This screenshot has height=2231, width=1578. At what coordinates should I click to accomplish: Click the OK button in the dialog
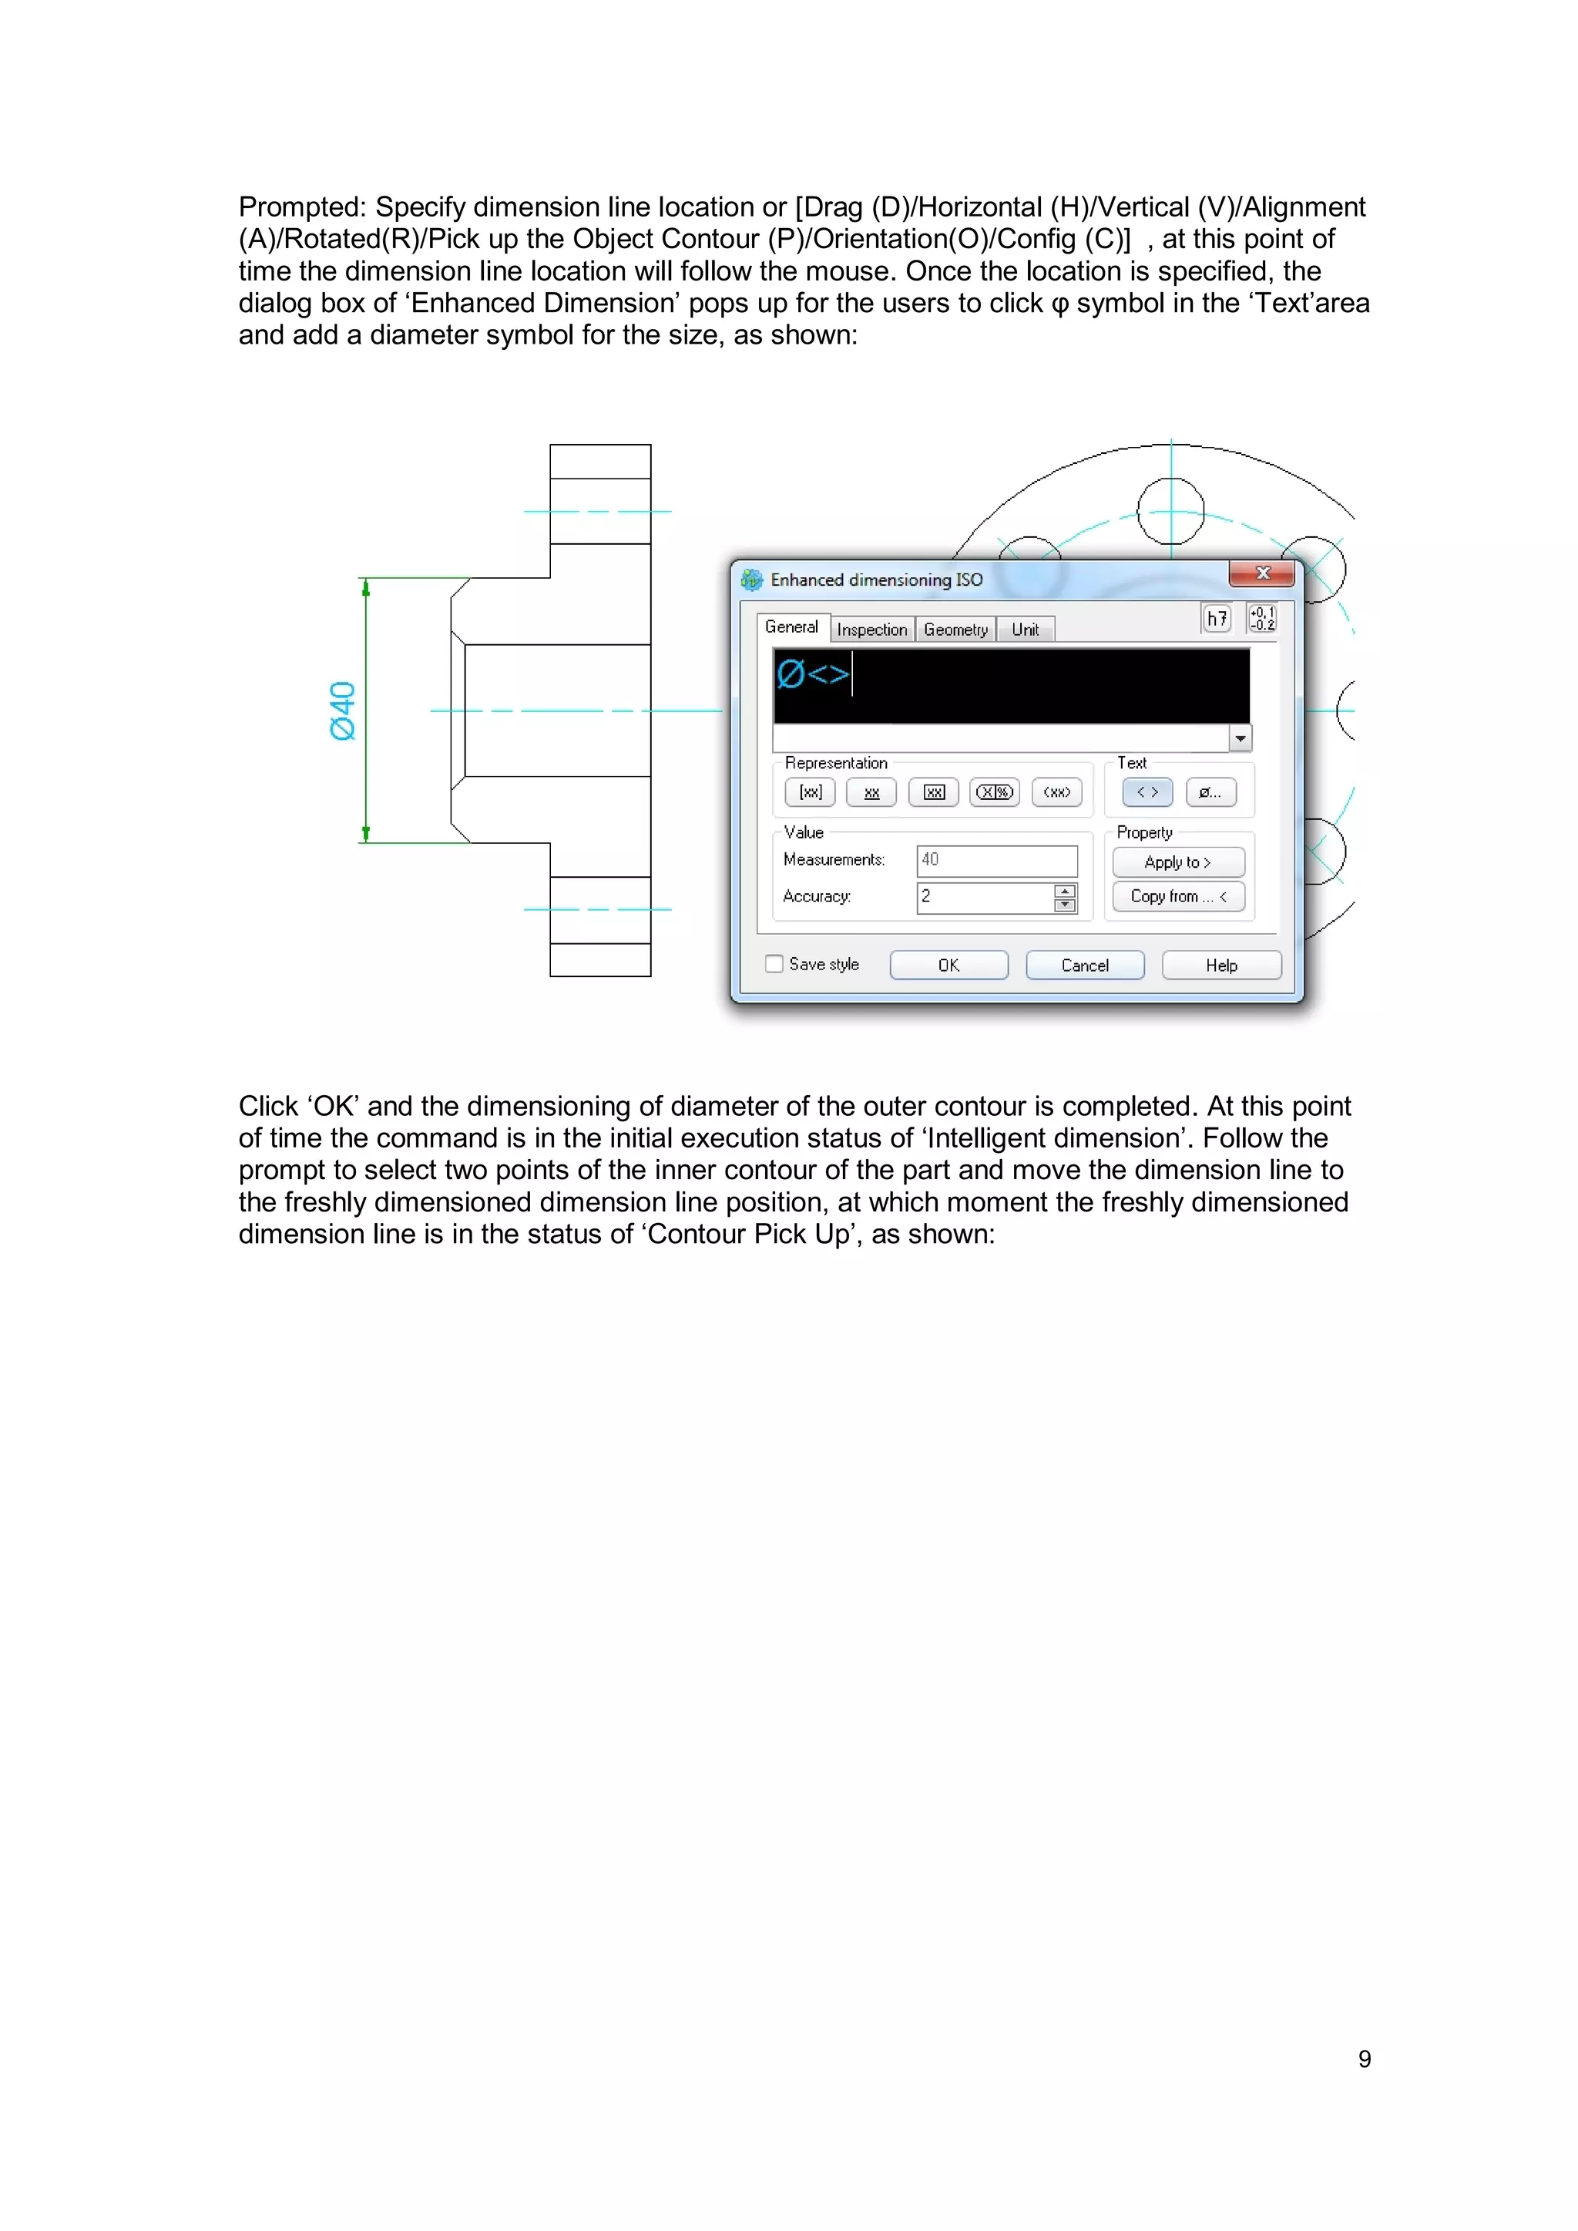tap(948, 965)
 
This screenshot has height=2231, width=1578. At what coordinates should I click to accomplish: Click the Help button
tap(1221, 965)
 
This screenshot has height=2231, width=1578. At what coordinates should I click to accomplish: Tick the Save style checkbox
tap(774, 964)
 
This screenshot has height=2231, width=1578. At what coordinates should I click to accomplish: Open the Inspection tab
tap(871, 630)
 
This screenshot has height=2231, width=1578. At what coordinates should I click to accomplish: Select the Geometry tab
tap(955, 630)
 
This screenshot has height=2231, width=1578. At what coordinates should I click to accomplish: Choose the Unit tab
tap(1025, 630)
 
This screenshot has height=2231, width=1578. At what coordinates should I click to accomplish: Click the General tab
tap(791, 627)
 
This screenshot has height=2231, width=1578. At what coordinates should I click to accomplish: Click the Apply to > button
tap(1177, 862)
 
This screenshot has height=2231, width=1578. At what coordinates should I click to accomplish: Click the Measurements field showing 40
tap(997, 860)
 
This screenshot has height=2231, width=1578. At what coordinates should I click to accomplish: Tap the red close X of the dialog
tap(1262, 573)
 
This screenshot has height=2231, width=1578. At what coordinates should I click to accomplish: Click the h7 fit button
tap(1217, 618)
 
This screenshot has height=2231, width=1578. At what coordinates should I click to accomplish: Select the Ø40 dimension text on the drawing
tap(342, 711)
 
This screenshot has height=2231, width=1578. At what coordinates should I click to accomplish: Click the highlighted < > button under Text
tap(1147, 792)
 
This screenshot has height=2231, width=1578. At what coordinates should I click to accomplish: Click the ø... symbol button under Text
tap(1210, 792)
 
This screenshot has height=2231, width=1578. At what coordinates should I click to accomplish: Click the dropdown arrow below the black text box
tap(1240, 738)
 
